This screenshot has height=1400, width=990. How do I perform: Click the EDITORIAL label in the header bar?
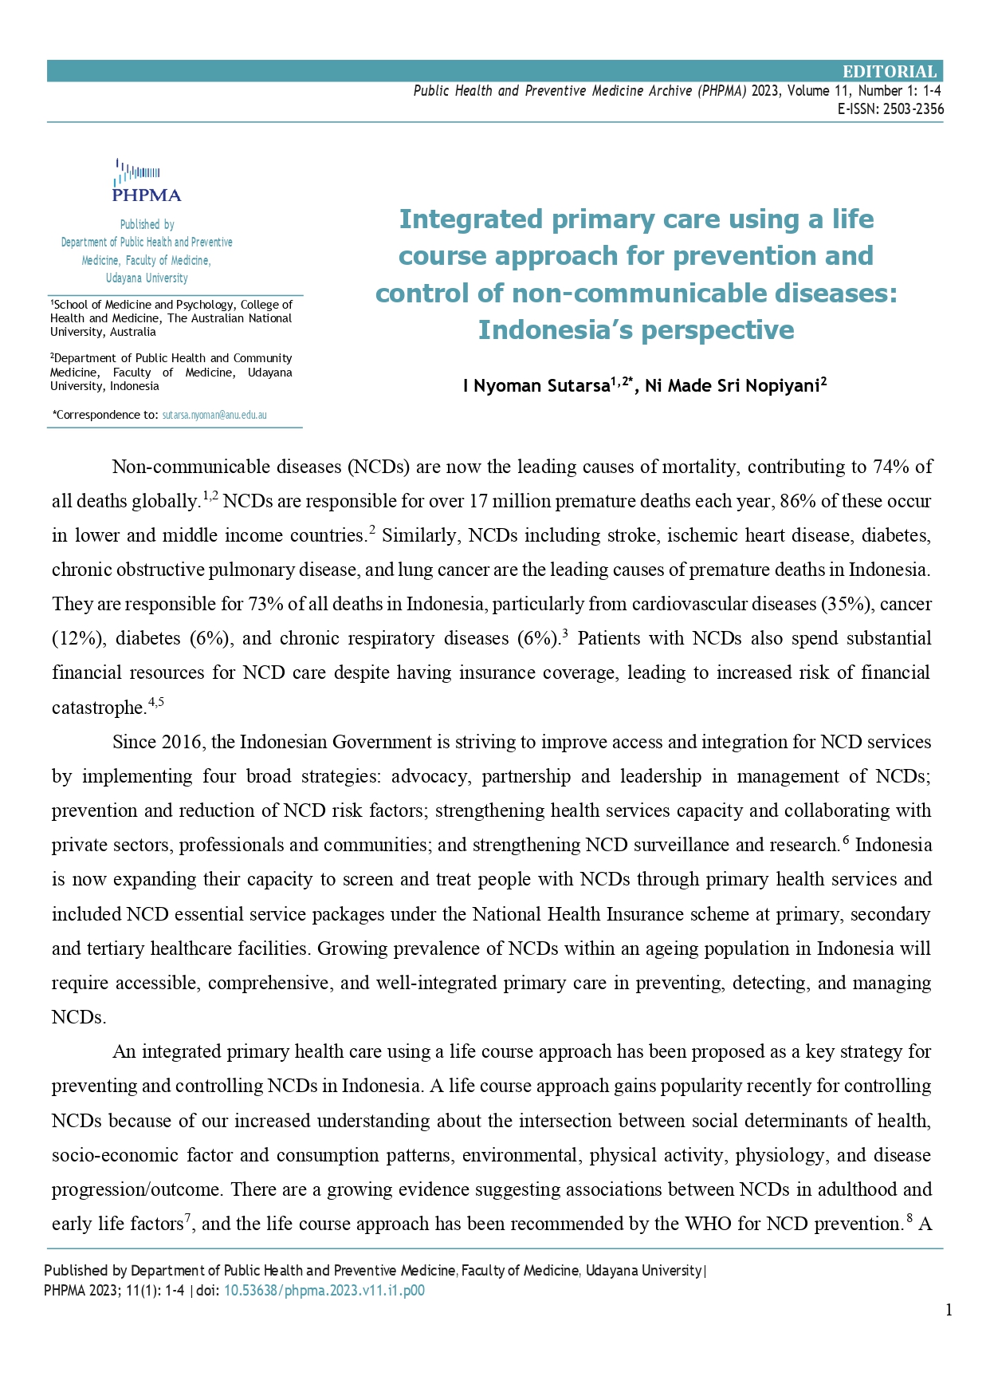point(890,72)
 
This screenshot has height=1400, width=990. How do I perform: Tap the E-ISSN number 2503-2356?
point(913,109)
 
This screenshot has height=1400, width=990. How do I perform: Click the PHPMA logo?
point(147,180)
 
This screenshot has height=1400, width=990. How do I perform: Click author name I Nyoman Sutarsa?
point(536,386)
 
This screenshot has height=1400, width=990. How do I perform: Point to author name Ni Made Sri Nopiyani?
point(732,386)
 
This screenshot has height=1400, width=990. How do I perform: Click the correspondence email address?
point(214,415)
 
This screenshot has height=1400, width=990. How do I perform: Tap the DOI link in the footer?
point(324,1291)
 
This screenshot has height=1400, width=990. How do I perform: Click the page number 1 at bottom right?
point(949,1310)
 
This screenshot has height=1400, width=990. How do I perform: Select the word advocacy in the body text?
point(429,776)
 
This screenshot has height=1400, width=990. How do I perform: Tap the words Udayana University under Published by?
point(147,278)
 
